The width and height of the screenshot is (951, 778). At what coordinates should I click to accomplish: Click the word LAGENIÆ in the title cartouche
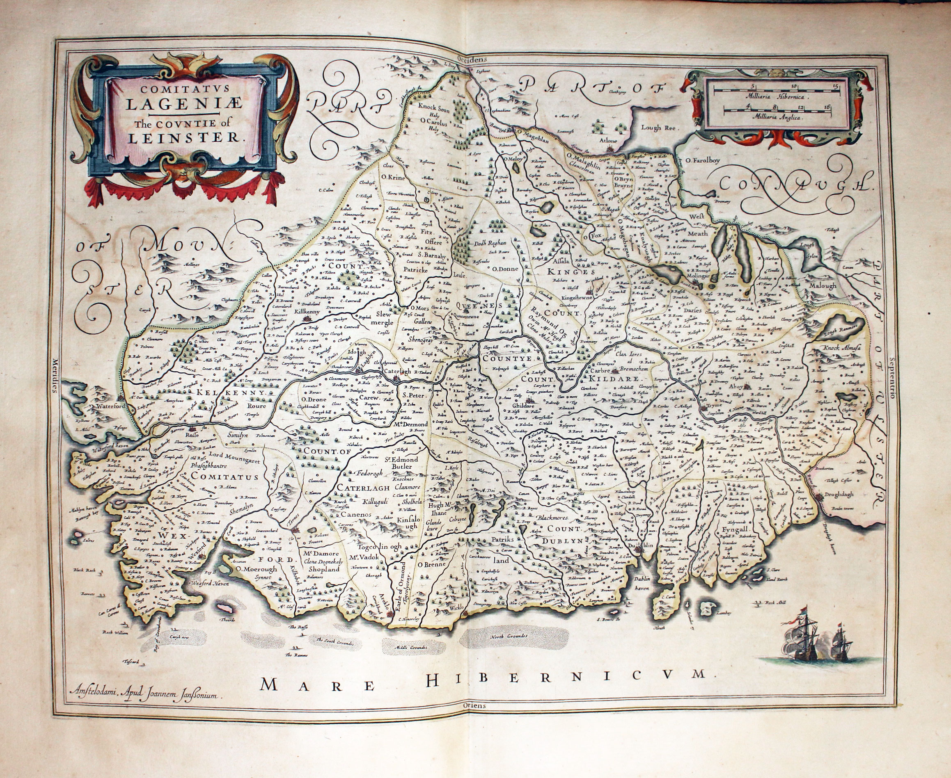point(183,105)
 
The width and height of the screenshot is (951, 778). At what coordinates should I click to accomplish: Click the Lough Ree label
point(657,127)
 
